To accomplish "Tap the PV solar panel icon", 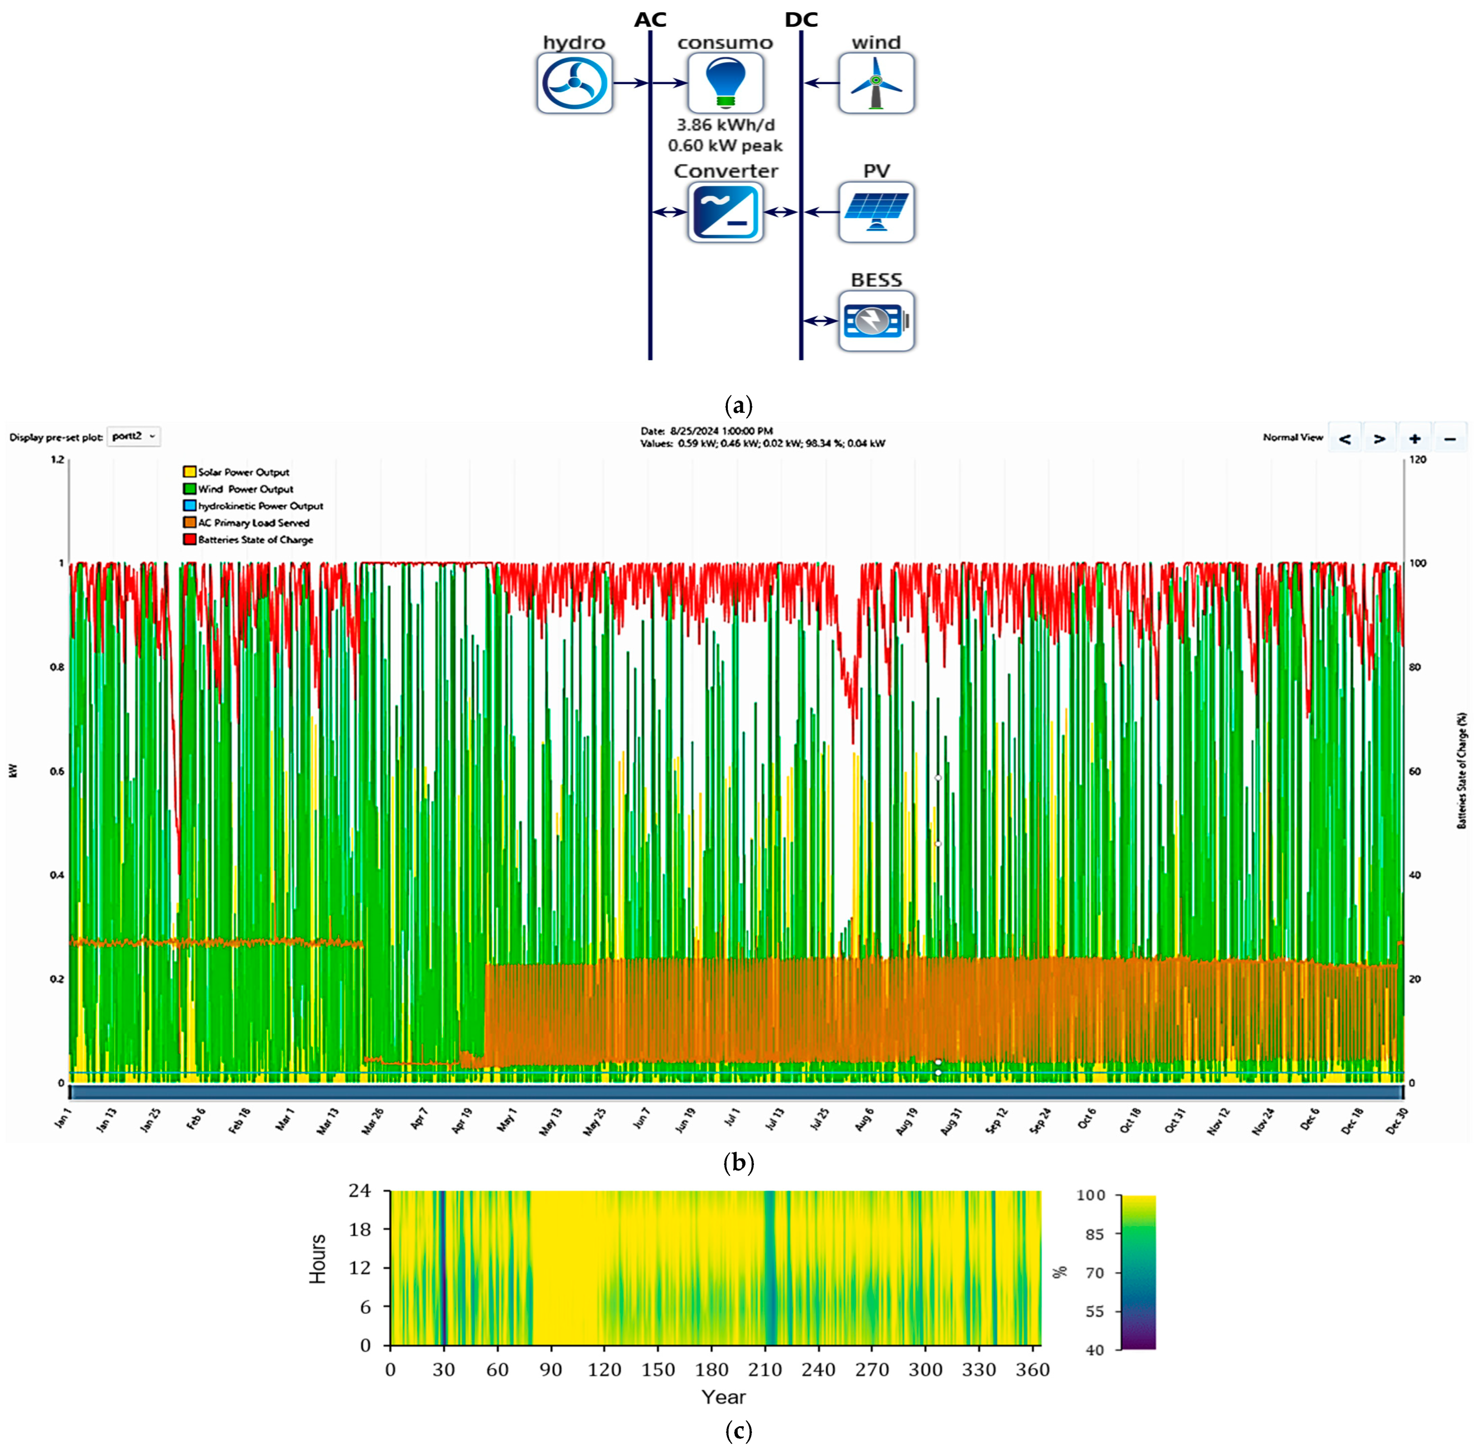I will pos(876,212).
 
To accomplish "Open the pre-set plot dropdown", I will pos(133,436).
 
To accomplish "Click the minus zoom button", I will pos(1449,438).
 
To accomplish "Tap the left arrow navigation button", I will pos(1345,438).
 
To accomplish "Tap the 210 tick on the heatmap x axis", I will pos(765,1370).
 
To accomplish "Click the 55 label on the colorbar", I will pos(1094,1311).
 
